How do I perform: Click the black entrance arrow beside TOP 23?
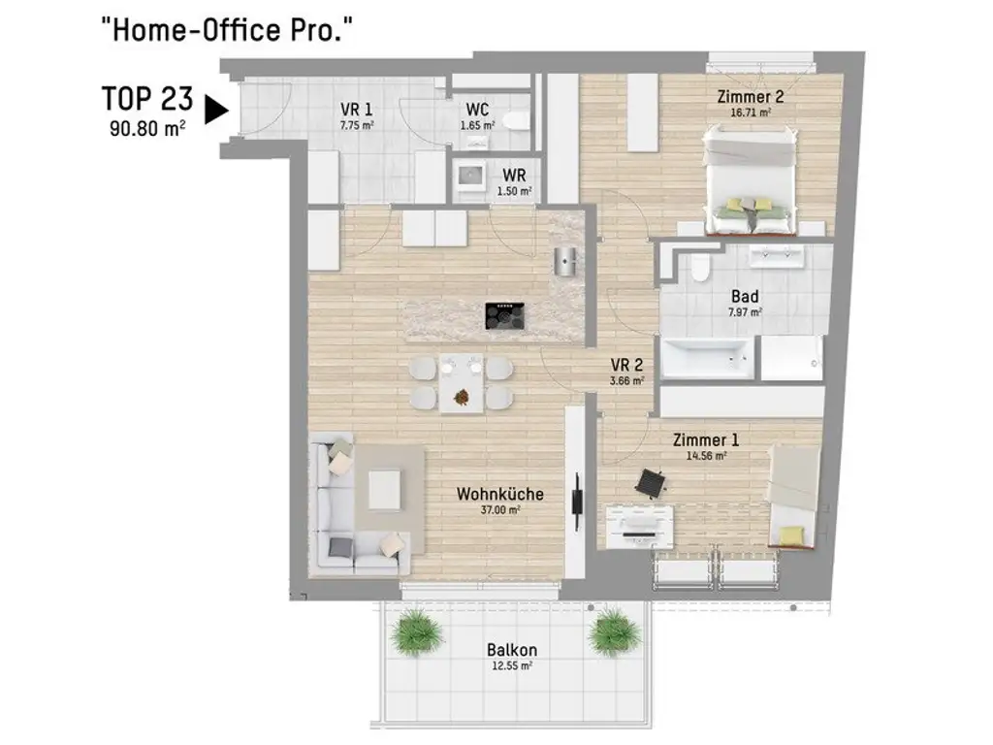point(216,110)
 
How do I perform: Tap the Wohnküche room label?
point(499,494)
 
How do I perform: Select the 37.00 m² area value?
point(501,510)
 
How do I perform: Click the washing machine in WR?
point(472,179)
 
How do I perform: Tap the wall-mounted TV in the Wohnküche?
point(577,497)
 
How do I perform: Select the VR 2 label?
point(627,366)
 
